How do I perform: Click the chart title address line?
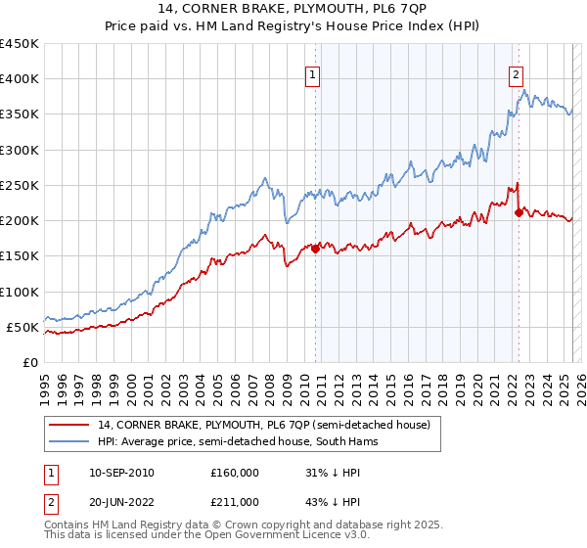[x=293, y=11]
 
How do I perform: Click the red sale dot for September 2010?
[x=316, y=249]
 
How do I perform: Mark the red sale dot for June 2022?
[x=519, y=212]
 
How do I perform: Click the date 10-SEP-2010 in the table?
[x=120, y=473]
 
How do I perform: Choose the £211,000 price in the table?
[x=234, y=504]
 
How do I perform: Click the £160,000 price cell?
[x=234, y=473]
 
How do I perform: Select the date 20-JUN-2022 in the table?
[x=120, y=504]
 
